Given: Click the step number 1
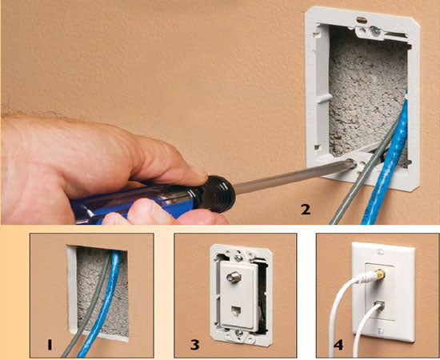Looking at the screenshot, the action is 50,345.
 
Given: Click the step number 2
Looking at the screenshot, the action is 306,210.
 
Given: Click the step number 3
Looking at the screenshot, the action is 194,345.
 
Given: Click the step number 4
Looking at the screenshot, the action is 338,345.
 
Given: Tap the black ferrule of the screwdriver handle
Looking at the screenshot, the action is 219,194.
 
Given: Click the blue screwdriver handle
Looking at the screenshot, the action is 134,203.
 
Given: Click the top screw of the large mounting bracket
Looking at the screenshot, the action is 375,31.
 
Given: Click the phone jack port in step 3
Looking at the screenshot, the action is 235,311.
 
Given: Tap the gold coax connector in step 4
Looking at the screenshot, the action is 379,274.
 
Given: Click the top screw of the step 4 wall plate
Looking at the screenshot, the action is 380,252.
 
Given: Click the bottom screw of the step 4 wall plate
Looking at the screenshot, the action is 380,331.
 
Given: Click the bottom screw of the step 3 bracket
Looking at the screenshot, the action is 239,333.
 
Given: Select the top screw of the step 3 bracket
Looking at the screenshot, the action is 238,258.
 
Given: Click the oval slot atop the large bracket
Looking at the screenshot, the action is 362,20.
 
